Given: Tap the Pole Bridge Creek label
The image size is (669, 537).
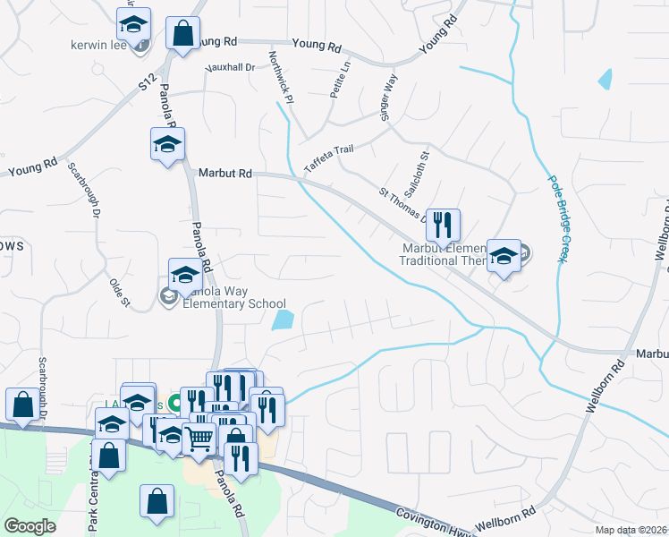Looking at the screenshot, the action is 555,217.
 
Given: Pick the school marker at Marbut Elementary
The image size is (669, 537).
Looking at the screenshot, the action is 504,255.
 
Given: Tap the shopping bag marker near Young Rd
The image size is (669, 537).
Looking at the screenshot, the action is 183,34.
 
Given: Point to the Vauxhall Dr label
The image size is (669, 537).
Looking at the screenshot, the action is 230,67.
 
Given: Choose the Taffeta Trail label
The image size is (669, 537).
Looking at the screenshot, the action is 335,152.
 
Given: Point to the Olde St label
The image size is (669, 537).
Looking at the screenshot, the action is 119,292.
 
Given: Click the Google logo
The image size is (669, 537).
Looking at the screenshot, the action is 30,526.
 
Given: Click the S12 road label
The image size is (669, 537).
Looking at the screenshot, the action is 147,85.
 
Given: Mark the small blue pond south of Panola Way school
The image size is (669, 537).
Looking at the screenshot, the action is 284,320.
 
